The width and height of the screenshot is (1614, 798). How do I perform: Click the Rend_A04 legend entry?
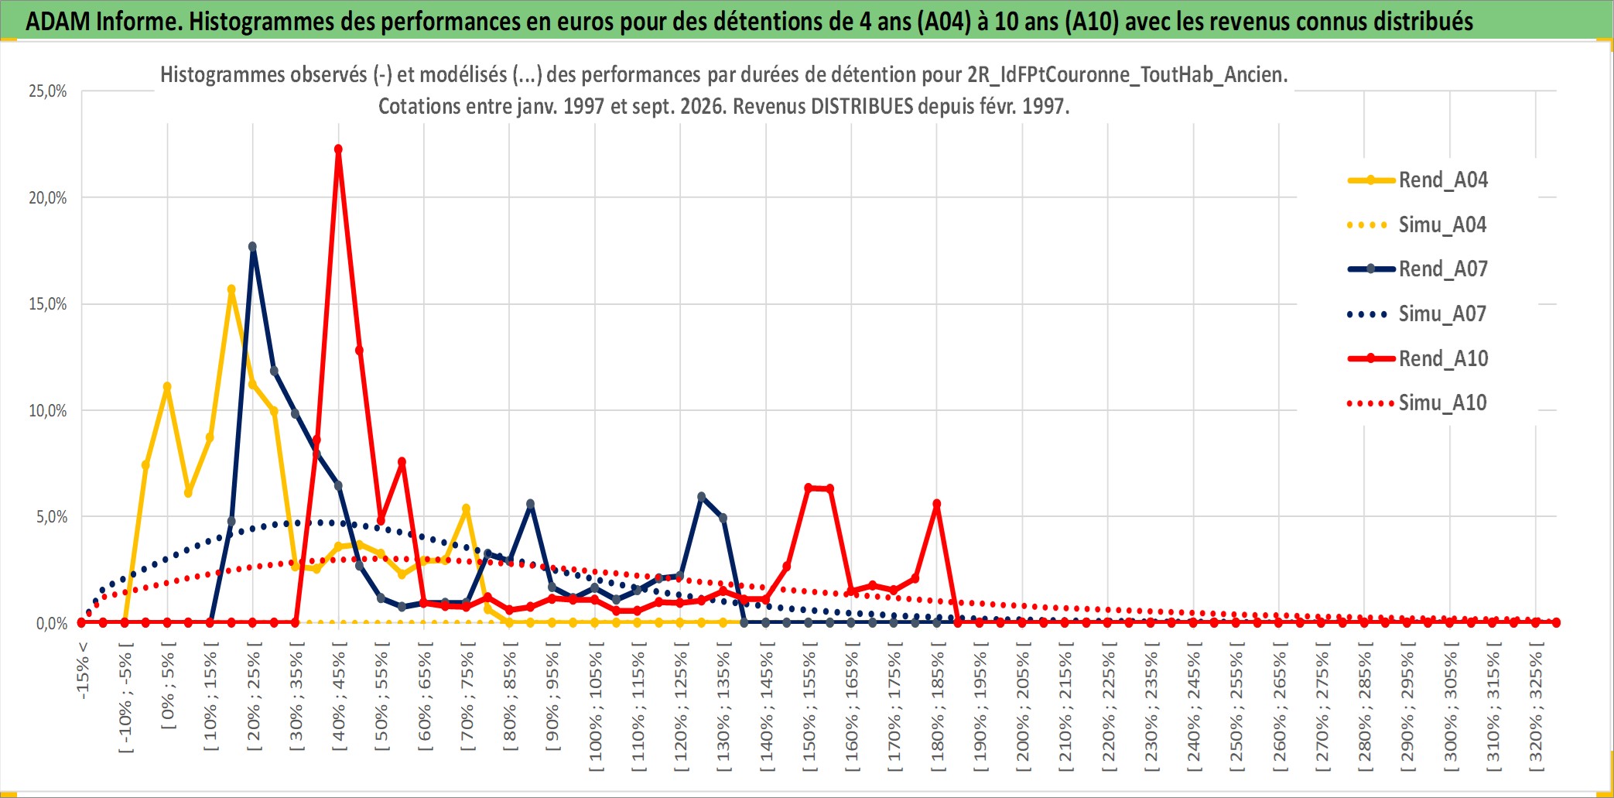1417,180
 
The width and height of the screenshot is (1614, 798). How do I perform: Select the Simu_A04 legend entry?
1417,225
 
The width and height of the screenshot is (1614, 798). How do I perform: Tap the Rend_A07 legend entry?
1417,269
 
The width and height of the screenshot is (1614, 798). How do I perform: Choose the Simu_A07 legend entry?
1417,314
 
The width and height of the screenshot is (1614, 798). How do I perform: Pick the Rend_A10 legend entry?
1417,358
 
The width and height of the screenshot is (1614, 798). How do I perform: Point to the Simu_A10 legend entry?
1417,403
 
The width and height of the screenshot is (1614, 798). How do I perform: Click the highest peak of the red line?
338,149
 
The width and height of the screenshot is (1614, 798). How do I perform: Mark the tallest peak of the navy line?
252,247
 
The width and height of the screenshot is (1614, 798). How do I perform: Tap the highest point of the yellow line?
231,289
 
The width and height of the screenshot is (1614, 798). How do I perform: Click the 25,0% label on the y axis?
48,91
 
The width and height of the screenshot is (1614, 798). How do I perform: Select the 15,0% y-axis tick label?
48,304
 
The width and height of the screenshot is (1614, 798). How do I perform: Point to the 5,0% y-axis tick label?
52,517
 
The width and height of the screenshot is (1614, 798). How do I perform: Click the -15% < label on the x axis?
83,670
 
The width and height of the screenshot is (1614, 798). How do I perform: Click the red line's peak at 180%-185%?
937,504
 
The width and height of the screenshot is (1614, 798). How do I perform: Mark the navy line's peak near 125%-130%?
702,497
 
